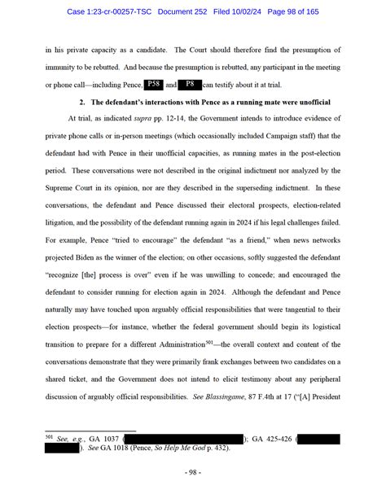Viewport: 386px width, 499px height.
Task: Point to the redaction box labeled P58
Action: click(x=155, y=84)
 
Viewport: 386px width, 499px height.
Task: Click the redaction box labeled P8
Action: click(x=190, y=84)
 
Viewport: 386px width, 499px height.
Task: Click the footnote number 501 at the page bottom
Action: click(x=49, y=437)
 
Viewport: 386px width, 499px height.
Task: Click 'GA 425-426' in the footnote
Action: click(x=273, y=439)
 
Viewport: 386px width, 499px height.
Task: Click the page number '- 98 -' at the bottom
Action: click(x=192, y=473)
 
